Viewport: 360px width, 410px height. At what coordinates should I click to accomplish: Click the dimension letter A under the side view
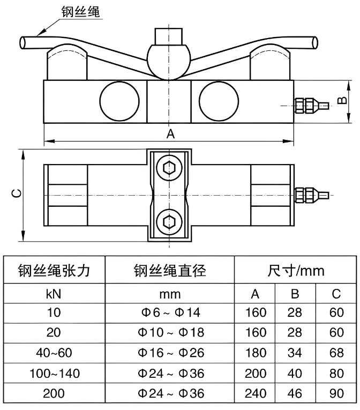170,134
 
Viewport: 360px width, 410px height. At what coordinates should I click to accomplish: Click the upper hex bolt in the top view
169,168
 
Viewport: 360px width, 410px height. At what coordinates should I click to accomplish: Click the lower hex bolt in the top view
169,220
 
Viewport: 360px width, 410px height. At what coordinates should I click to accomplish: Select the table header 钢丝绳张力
54,271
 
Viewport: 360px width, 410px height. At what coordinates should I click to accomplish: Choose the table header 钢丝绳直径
170,271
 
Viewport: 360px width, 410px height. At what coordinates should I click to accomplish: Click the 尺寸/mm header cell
296,271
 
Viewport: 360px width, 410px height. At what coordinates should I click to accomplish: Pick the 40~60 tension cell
54,353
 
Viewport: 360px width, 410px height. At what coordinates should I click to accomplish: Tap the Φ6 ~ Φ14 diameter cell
170,313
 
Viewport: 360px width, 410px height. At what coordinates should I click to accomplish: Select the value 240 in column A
256,393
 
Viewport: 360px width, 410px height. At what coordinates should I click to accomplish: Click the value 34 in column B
295,353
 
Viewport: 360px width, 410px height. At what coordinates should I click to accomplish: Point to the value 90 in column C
336,393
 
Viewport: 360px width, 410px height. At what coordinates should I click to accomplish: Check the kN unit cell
54,294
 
